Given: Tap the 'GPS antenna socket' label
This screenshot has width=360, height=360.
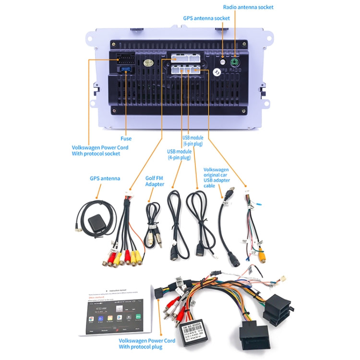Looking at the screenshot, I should coord(206,18).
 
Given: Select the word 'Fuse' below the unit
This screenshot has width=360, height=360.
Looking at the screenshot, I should coord(126,139).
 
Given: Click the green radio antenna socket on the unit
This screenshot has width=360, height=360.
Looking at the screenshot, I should coord(235,62).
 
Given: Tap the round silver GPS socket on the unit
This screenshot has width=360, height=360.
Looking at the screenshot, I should coord(223,61).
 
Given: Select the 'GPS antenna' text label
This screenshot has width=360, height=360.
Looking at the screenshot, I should coord(105,178).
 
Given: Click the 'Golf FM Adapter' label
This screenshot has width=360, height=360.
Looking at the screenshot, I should coord(155,181).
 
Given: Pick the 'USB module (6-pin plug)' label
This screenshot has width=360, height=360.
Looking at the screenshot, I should coord(193,140).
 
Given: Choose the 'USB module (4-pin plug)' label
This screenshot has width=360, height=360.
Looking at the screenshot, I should coord(180,155).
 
